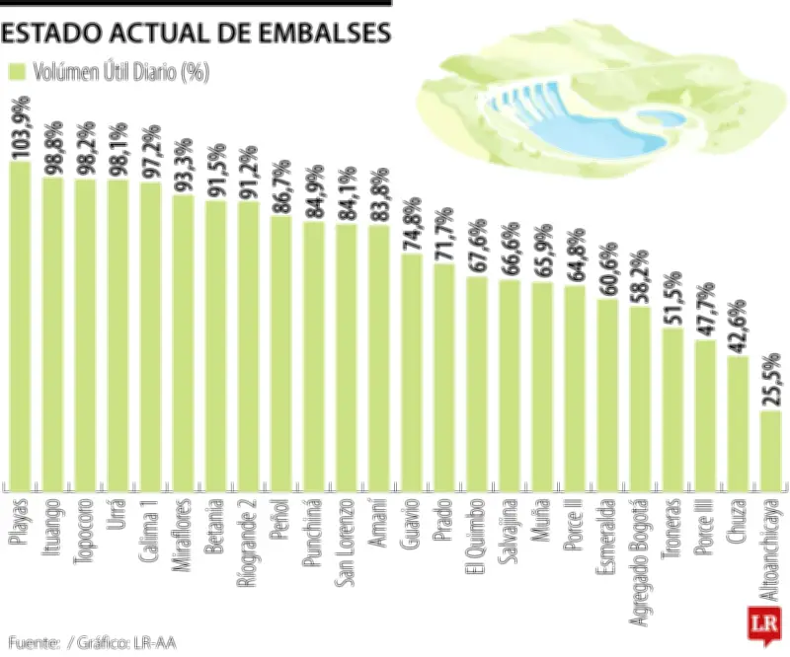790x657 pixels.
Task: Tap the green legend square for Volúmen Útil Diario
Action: coord(17,72)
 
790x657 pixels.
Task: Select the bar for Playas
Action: coord(21,326)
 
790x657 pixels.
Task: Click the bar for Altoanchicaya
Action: coord(771,450)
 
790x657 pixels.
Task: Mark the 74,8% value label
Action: coord(413,224)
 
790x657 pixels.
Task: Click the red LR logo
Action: coord(762,625)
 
